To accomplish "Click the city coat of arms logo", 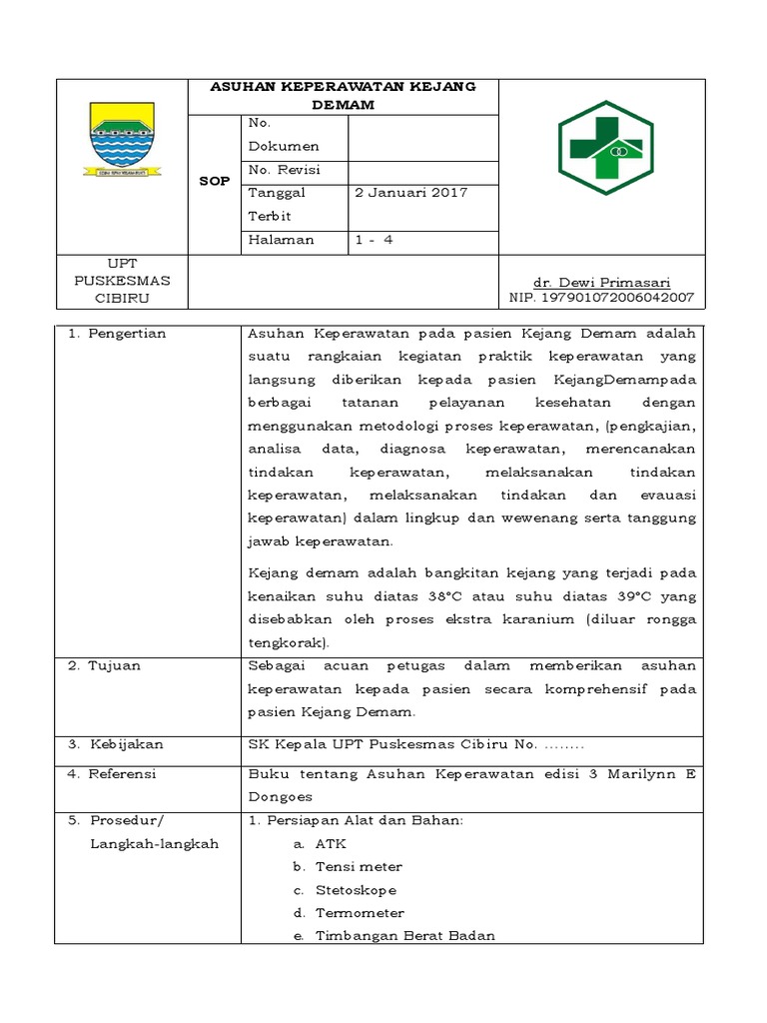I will pos(122,139).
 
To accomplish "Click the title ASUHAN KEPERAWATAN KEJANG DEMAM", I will pos(343,96).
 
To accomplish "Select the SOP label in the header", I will pos(214,182).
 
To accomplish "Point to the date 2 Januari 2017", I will pos(410,193).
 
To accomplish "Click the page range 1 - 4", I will pos(375,241).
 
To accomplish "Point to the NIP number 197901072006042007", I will pos(601,298).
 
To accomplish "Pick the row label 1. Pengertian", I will pos(117,335).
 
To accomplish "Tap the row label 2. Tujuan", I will pos(104,666).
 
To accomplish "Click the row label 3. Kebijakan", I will pos(115,744).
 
